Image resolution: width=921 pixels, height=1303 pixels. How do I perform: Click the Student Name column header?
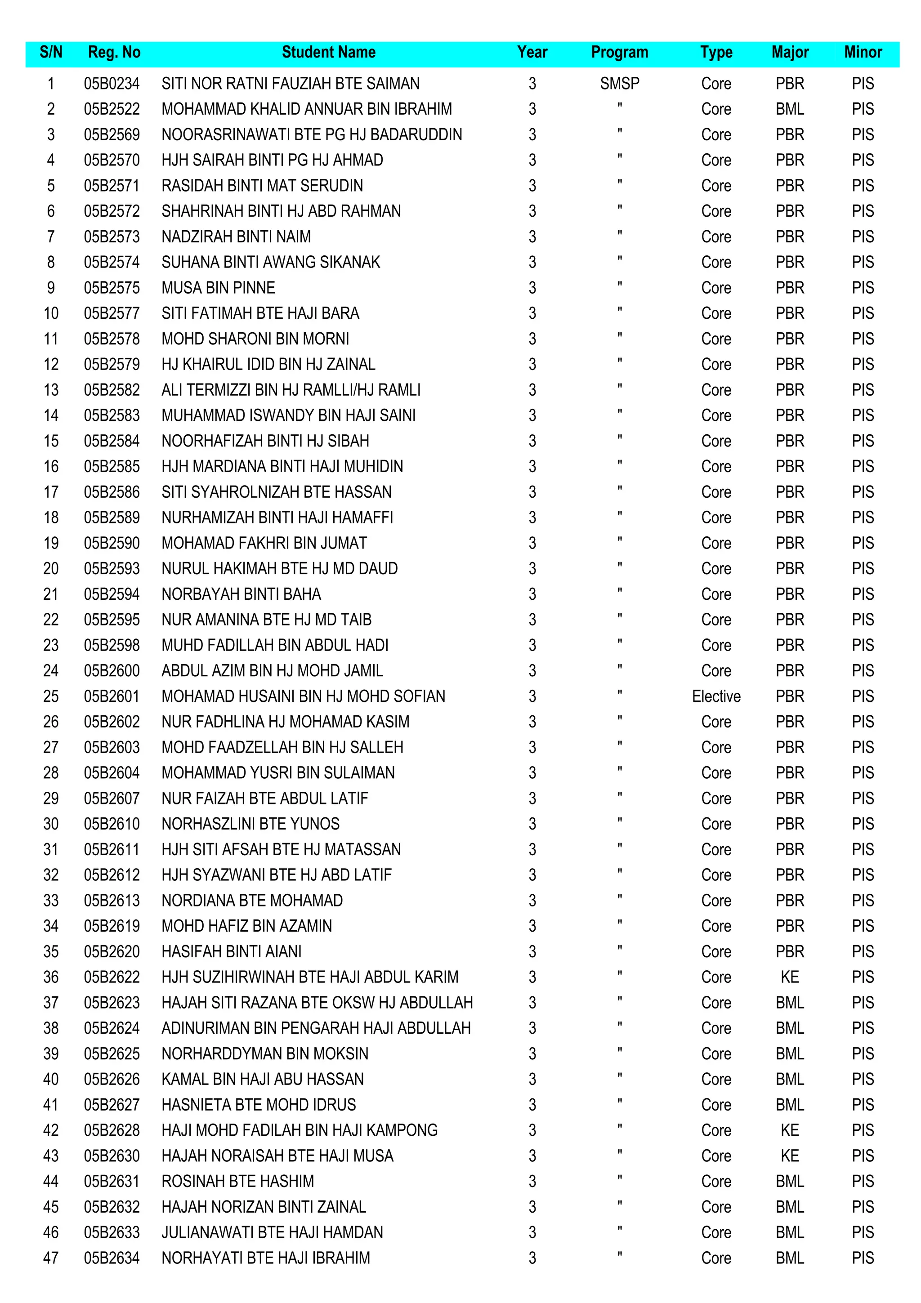tap(329, 53)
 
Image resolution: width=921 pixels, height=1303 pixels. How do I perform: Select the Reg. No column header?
tap(114, 53)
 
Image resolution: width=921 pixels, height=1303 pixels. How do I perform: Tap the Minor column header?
tap(863, 53)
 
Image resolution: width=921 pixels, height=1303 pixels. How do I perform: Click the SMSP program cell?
tap(619, 84)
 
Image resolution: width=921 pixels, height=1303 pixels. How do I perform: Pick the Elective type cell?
tap(716, 696)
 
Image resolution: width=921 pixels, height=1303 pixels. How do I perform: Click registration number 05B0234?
tap(112, 84)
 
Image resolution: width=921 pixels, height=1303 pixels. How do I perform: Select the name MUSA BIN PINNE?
tap(219, 288)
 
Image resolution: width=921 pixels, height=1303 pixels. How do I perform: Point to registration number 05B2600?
tap(112, 671)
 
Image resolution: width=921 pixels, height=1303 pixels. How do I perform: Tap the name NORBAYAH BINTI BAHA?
tap(241, 594)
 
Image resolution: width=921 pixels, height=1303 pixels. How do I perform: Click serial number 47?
tap(51, 1258)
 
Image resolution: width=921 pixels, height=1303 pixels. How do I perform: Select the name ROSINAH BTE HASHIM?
tap(238, 1182)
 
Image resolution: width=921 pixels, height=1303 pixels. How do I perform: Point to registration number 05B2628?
tap(112, 1130)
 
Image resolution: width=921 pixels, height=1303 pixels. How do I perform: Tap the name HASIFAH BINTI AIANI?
tap(232, 952)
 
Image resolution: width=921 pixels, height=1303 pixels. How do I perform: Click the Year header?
tap(532, 53)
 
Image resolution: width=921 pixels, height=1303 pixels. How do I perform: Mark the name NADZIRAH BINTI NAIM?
tap(236, 237)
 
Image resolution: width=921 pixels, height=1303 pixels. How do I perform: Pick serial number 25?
tap(51, 696)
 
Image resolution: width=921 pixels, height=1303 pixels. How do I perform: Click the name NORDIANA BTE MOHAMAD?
tap(252, 901)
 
